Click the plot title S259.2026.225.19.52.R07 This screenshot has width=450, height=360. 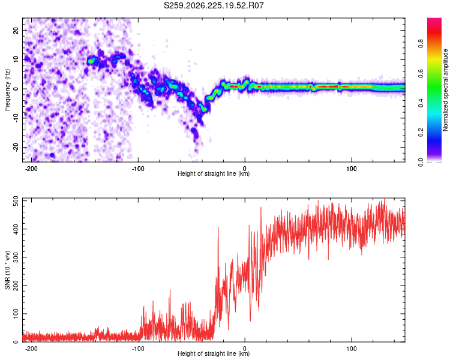pyautogui.click(x=214, y=5)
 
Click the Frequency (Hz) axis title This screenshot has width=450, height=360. pyautogui.click(x=7, y=90)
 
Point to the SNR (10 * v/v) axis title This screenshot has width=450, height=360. pyautogui.click(x=7, y=270)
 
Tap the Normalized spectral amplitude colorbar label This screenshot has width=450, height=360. pyautogui.click(x=445, y=90)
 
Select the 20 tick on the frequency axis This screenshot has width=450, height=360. pyautogui.click(x=16, y=31)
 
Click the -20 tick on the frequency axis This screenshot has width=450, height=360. pyautogui.click(x=16, y=148)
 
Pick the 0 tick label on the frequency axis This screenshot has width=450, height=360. pyautogui.click(x=16, y=89)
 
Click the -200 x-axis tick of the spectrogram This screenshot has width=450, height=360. pyautogui.click(x=31, y=169)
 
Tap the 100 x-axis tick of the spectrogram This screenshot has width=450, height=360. pyautogui.click(x=351, y=169)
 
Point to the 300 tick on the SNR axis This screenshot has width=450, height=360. pyautogui.click(x=16, y=257)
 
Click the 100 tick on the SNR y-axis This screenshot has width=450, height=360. pyautogui.click(x=16, y=314)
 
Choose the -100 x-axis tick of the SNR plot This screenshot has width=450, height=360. pyautogui.click(x=138, y=349)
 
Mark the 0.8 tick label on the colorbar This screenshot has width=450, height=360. pyautogui.click(x=421, y=44)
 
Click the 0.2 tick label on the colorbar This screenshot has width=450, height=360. pyautogui.click(x=421, y=133)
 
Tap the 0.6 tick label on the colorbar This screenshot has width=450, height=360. pyautogui.click(x=421, y=73)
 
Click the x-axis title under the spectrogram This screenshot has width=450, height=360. pyautogui.click(x=214, y=173)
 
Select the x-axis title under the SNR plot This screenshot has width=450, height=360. pyautogui.click(x=214, y=353)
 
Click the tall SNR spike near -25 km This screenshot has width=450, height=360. pyautogui.click(x=218, y=227)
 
